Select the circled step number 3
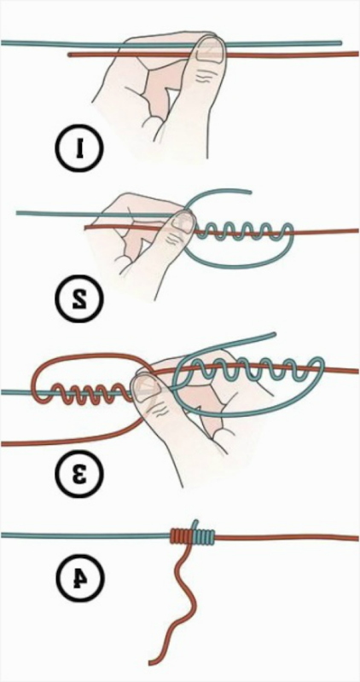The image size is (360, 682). pyautogui.click(x=79, y=474)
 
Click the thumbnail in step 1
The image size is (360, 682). pyautogui.click(x=209, y=48)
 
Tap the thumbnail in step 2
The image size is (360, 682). pyautogui.click(x=182, y=222)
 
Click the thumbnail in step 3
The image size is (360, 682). pyautogui.click(x=143, y=388)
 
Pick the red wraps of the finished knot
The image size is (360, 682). pyautogui.click(x=181, y=537)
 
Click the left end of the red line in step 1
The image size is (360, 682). pyautogui.click(x=70, y=55)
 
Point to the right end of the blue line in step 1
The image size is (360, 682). pyautogui.click(x=340, y=43)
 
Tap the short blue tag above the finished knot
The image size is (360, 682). pyautogui.click(x=197, y=524)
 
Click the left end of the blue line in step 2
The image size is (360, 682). pyautogui.click(x=18, y=212)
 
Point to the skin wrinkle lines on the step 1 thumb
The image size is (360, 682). pyautogui.click(x=202, y=78)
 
